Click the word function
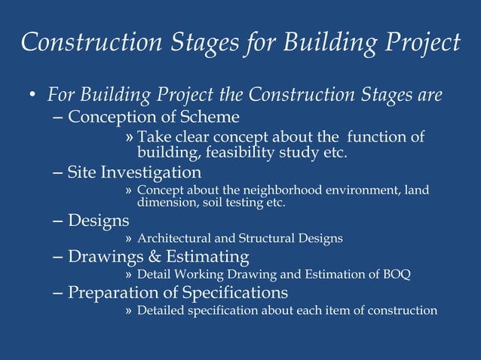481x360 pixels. tap(381, 137)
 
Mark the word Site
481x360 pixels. tap(81, 172)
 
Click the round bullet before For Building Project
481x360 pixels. tap(32, 96)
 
